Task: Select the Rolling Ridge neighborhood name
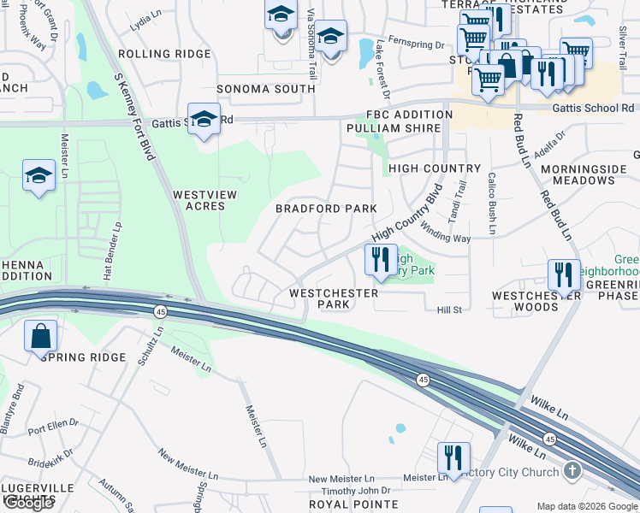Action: point(164,54)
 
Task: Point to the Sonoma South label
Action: point(266,89)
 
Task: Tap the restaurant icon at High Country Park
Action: point(381,259)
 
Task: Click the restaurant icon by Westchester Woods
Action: point(564,274)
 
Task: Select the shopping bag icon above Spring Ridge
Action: point(41,336)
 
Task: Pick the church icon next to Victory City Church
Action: point(572,471)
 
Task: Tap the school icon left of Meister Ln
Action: point(38,176)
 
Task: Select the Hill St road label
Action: point(449,310)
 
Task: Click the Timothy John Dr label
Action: point(355,491)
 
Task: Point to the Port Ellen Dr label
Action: point(53,423)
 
